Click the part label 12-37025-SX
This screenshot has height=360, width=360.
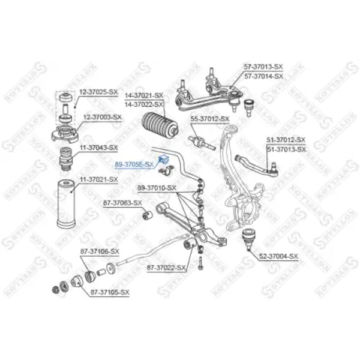[x=98, y=92]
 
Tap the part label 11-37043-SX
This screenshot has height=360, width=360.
[x=98, y=147]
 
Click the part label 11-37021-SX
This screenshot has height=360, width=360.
[x=98, y=179]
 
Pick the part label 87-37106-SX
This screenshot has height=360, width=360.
[x=100, y=251]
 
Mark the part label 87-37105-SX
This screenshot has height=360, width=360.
[x=109, y=292]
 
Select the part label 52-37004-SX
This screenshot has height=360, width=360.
[x=278, y=257]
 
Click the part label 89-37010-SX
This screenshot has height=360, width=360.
[x=157, y=188]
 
